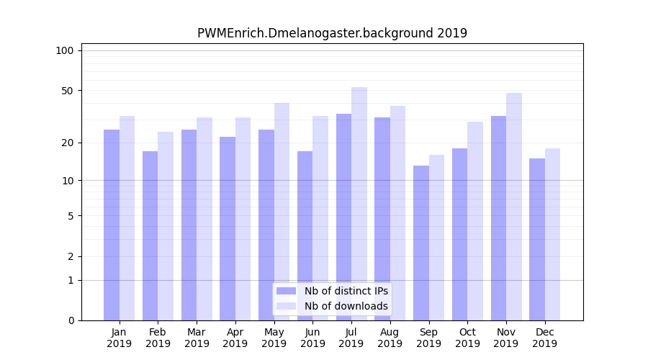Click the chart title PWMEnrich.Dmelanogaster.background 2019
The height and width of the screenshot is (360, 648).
click(332, 33)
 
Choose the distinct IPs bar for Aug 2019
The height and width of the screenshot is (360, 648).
click(382, 219)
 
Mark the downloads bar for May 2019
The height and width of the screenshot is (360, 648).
click(282, 212)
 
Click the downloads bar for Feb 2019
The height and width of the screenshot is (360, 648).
click(166, 226)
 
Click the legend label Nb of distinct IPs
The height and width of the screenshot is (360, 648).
click(346, 291)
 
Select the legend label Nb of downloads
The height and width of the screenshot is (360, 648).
click(346, 306)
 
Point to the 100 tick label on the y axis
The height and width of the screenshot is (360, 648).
click(65, 50)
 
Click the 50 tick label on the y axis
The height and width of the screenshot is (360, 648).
click(67, 91)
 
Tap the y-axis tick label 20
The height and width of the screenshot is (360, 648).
click(67, 143)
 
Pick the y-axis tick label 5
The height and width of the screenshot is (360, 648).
click(70, 215)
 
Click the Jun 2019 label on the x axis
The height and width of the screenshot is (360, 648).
click(312, 338)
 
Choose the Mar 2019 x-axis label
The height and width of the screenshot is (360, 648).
click(197, 338)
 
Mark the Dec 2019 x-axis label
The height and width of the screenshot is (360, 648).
click(544, 338)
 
